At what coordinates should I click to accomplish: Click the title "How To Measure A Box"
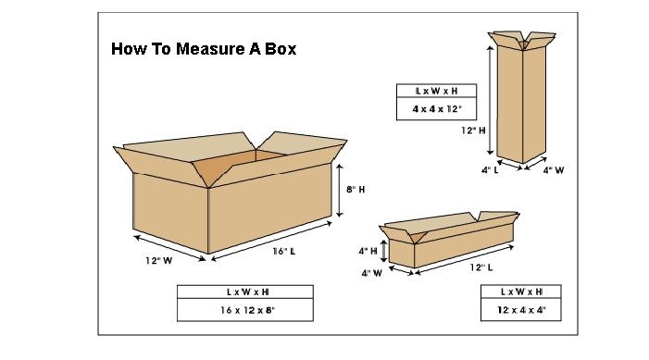(x=204, y=49)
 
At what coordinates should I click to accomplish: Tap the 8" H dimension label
(x=356, y=190)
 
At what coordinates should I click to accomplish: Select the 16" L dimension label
(x=284, y=251)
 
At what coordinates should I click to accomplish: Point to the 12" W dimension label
(x=158, y=261)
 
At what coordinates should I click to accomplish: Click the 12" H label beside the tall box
(x=473, y=130)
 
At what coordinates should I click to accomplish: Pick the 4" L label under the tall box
(x=490, y=170)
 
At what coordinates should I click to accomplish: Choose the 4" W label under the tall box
(x=554, y=170)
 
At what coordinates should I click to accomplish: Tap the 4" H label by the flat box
(x=368, y=251)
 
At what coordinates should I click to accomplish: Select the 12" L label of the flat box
(x=481, y=267)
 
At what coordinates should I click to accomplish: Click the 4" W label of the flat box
(x=371, y=273)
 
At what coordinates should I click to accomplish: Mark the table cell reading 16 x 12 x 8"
(x=245, y=309)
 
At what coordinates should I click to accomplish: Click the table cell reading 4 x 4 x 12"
(x=436, y=109)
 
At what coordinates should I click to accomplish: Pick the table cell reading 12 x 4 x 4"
(x=521, y=309)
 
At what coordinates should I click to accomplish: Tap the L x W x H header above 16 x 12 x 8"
(x=245, y=292)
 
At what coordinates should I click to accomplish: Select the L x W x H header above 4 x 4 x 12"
(x=436, y=91)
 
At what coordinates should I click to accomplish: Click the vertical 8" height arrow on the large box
(x=340, y=191)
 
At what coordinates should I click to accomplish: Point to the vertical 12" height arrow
(x=490, y=100)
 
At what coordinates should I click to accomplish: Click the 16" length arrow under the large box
(x=271, y=242)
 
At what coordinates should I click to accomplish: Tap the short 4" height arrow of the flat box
(x=383, y=251)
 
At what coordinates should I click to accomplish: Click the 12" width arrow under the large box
(x=169, y=248)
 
